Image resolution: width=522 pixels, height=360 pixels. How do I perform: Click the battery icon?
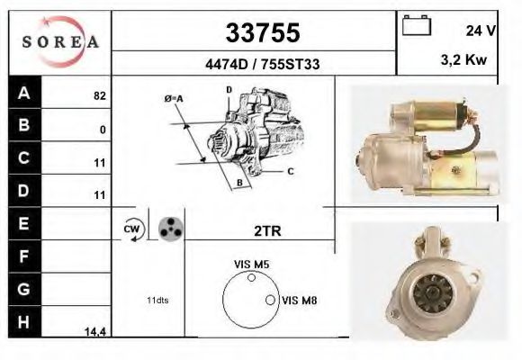[416, 25]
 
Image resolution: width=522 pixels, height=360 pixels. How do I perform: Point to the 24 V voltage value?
[481, 31]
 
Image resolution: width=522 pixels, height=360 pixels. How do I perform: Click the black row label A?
[24, 92]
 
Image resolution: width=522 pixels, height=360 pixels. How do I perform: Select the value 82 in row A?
[99, 94]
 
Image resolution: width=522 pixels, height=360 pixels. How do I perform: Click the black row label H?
[24, 322]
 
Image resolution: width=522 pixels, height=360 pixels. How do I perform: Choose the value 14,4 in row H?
[94, 332]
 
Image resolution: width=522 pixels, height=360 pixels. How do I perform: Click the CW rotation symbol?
[130, 230]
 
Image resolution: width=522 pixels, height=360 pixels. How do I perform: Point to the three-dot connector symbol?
[168, 229]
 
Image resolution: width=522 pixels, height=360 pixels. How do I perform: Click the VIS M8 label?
[299, 300]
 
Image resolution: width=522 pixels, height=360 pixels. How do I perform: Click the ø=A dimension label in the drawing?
[174, 98]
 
